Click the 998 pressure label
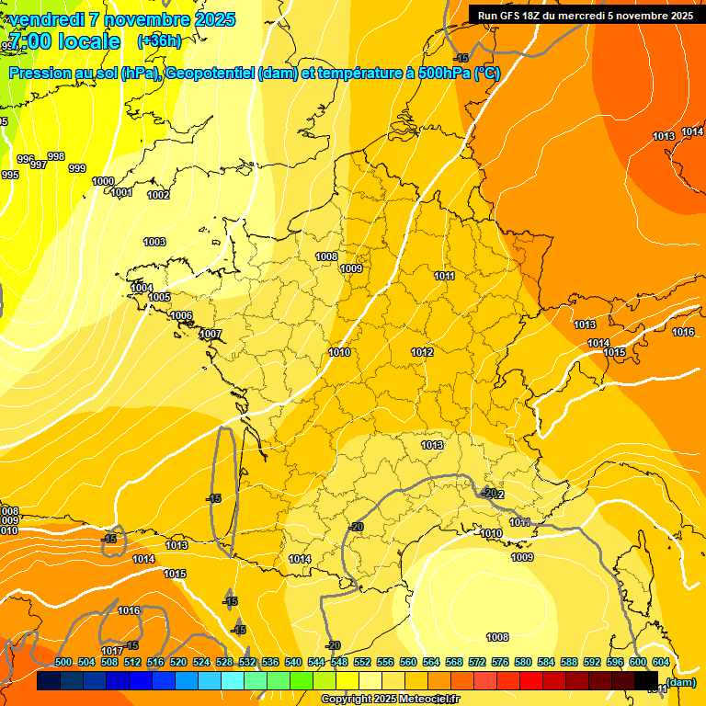(x=56, y=156)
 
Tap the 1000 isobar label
(x=103, y=181)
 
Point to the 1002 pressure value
(x=158, y=195)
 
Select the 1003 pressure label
(x=154, y=242)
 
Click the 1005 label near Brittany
(x=159, y=297)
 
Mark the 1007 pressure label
(x=211, y=334)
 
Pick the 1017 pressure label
(x=112, y=651)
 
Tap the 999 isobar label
(x=77, y=168)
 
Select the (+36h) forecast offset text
(x=159, y=40)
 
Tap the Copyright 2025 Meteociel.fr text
(x=390, y=700)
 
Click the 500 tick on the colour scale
(x=63, y=662)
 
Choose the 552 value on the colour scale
(x=363, y=662)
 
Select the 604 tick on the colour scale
(x=661, y=662)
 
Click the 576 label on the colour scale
(x=501, y=662)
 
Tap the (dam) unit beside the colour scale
(x=679, y=682)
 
